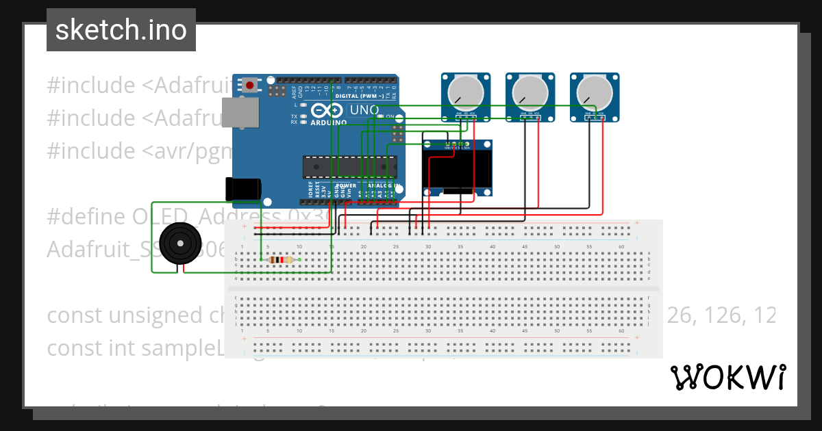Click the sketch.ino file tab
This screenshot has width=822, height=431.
(121, 30)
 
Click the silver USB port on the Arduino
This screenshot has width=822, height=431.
(240, 112)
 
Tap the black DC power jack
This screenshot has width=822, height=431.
(243, 189)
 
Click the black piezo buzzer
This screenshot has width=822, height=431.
(179, 243)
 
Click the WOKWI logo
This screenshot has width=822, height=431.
(727, 377)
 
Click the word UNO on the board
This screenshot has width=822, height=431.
(364, 110)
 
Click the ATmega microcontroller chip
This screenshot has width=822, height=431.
(349, 166)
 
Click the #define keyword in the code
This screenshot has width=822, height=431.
(85, 217)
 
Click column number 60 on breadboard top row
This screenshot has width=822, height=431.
(621, 246)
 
